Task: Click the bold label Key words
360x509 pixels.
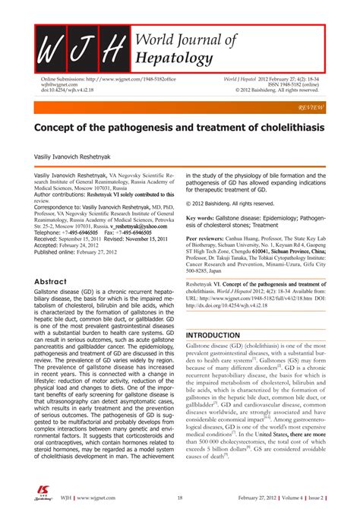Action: click(x=201, y=217)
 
